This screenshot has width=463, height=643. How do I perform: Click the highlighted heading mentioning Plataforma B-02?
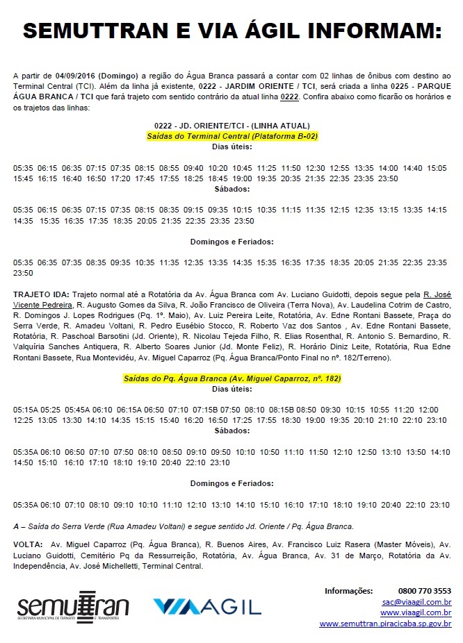[x=231, y=137]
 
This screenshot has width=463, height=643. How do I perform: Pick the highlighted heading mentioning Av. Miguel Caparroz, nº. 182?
[x=231, y=379]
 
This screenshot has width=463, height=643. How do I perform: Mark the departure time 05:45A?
[x=76, y=410]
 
